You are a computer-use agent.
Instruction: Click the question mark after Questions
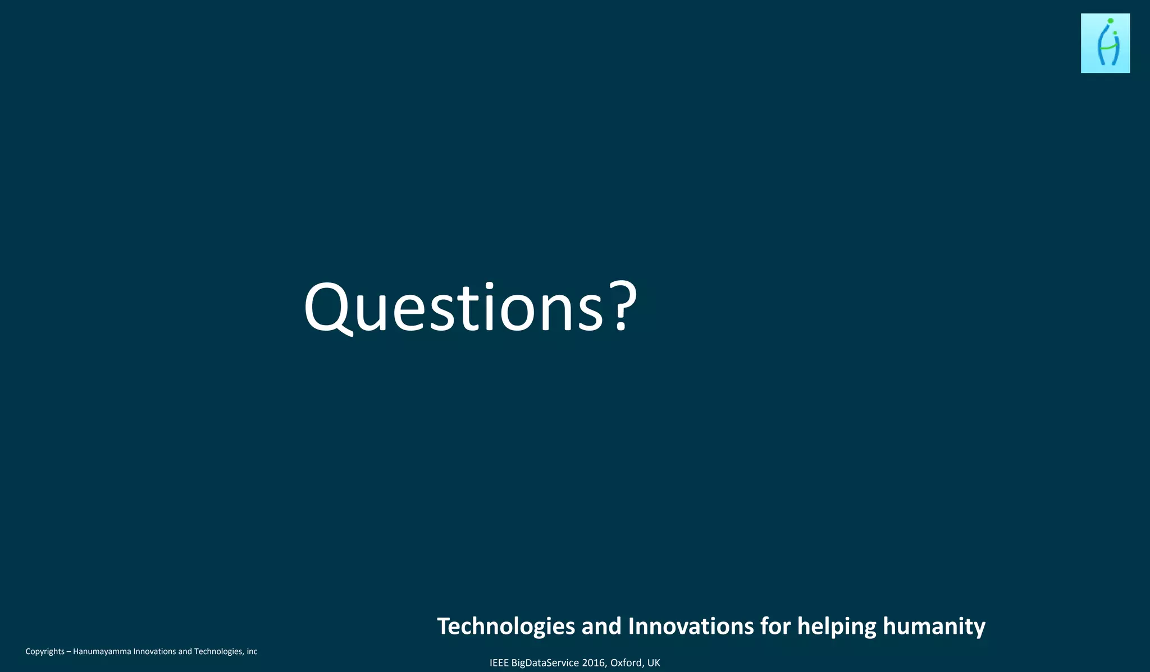click(x=623, y=307)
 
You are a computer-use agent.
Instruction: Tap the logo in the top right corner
click(x=1105, y=43)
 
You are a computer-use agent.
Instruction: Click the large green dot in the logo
click(x=1110, y=21)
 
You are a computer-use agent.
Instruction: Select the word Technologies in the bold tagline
click(x=506, y=627)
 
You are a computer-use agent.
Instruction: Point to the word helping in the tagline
click(x=837, y=627)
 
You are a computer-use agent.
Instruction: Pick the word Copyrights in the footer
click(x=45, y=652)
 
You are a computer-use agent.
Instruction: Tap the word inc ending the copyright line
click(x=252, y=651)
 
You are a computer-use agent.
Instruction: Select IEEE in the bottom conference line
click(x=499, y=663)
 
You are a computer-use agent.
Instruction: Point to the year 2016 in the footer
click(x=594, y=663)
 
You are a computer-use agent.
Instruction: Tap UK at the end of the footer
click(x=654, y=663)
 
